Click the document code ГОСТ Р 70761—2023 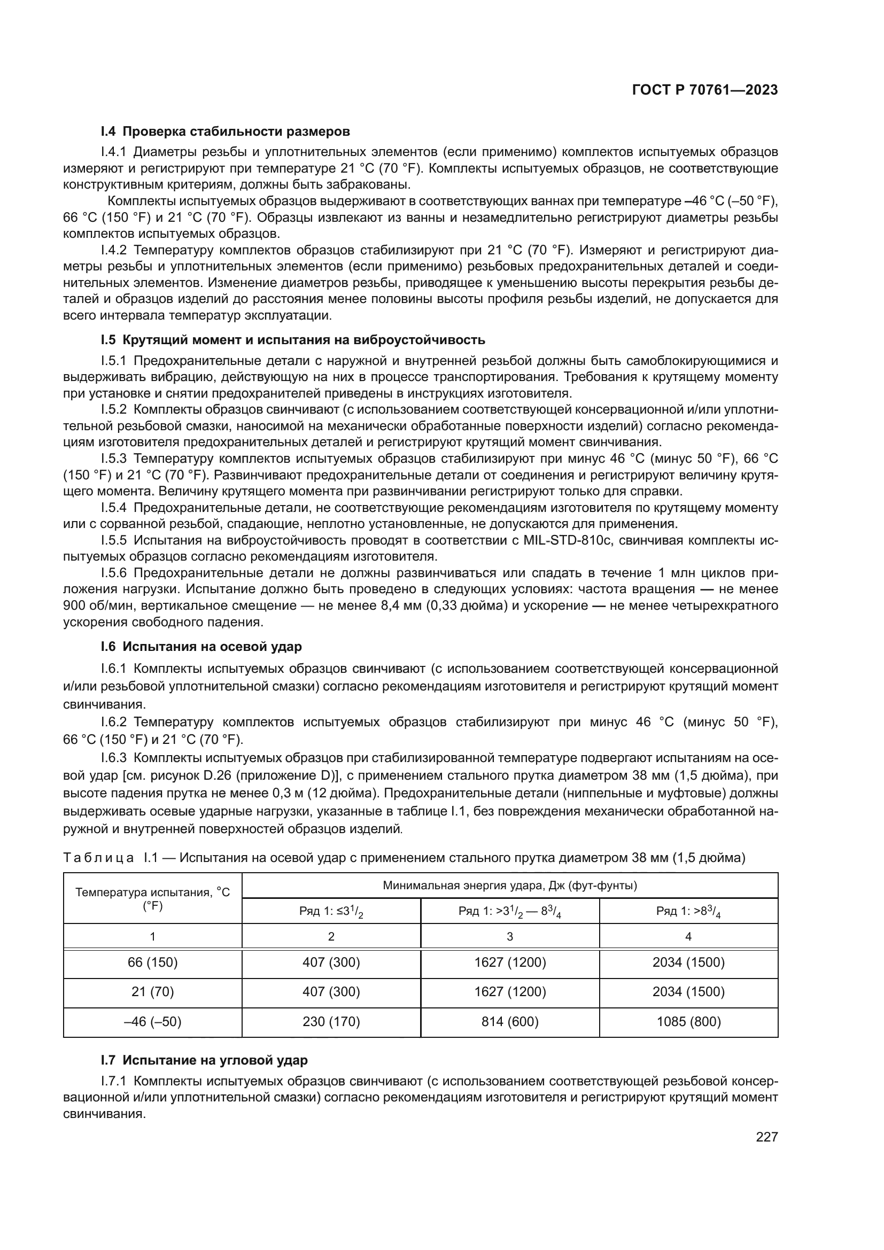point(705,90)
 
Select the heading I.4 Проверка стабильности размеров point(225,131)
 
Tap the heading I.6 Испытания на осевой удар point(201,646)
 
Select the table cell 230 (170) point(331,1021)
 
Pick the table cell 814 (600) point(509,1021)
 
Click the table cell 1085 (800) point(688,1021)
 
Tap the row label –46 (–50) point(152,1021)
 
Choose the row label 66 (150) point(152,962)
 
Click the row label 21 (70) point(152,991)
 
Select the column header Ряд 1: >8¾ point(688,911)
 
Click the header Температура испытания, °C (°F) point(152,898)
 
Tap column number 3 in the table point(509,936)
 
